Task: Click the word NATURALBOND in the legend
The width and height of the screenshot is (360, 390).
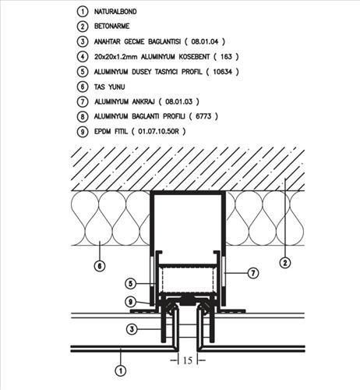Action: tap(115, 12)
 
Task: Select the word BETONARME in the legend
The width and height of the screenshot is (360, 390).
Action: tap(111, 27)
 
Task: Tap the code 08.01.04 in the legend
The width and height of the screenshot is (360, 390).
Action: tap(205, 41)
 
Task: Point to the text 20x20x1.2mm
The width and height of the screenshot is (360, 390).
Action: tap(115, 57)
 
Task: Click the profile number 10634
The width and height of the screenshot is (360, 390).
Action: tap(222, 72)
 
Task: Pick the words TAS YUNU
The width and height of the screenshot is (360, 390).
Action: tap(109, 87)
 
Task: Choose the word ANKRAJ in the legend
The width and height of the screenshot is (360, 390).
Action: tap(143, 101)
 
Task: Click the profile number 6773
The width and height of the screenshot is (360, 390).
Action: tap(203, 116)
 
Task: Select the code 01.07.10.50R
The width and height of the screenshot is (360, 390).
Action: tap(158, 131)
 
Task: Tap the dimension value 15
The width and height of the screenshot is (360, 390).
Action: tap(188, 360)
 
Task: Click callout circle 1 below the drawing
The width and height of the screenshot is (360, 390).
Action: tap(121, 370)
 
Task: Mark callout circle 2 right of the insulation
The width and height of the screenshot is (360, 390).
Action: tap(285, 263)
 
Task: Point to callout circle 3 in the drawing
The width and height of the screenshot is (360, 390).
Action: tap(132, 329)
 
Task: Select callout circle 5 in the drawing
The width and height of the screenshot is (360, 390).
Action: tap(131, 283)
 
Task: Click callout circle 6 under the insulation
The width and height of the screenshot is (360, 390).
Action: tap(100, 266)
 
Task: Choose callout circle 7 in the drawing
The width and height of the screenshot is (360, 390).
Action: tap(253, 273)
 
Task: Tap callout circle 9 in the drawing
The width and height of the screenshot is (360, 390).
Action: tap(131, 302)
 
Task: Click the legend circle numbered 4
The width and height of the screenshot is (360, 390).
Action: tap(83, 57)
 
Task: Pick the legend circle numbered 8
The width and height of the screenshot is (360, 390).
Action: tap(83, 116)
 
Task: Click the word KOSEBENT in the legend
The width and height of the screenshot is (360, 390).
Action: tap(194, 57)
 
